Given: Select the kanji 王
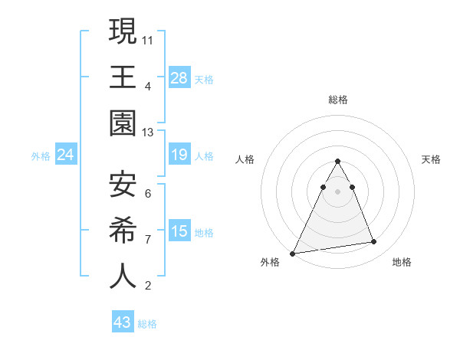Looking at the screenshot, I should [x=123, y=77].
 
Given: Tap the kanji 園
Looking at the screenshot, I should [x=123, y=123].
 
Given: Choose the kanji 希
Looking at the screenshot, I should [x=123, y=229].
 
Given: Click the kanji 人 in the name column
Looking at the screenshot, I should [x=123, y=275].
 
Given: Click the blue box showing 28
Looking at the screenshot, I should [x=179, y=77].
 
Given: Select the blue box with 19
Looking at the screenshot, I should [x=179, y=155].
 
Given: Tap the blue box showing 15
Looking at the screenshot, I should [x=179, y=231].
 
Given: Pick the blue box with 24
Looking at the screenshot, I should [x=66, y=155].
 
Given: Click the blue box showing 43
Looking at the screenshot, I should [x=123, y=322].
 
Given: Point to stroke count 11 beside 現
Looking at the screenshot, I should [x=148, y=39].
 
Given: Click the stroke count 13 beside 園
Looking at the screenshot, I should [x=148, y=133].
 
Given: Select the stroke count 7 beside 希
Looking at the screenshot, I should [x=148, y=239].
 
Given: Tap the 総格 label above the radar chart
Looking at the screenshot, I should [x=338, y=100].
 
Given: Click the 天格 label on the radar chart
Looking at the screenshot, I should [x=432, y=159].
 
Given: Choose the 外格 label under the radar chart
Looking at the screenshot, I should [x=270, y=262].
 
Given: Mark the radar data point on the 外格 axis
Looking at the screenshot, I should [x=293, y=253].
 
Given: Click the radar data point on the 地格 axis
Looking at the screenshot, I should [x=374, y=242].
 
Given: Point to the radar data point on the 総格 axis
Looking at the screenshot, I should [x=338, y=161].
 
